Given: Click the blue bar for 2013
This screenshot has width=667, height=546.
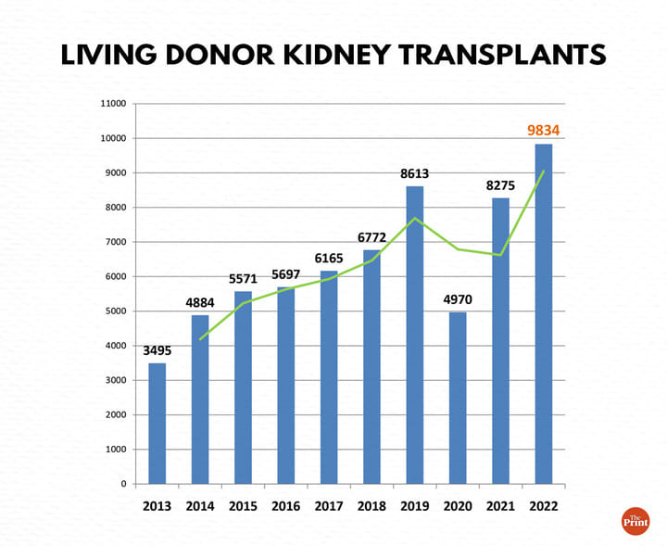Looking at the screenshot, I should pyautogui.click(x=157, y=423).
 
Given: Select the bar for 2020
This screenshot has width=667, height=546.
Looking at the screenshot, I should pyautogui.click(x=458, y=398).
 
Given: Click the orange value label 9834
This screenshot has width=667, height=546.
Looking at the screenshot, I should pyautogui.click(x=543, y=131).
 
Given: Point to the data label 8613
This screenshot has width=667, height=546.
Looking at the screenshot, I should pyautogui.click(x=414, y=173).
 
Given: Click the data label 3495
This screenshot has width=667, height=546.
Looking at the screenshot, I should pyautogui.click(x=157, y=350).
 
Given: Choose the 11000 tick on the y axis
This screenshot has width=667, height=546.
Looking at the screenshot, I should pyautogui.click(x=113, y=104).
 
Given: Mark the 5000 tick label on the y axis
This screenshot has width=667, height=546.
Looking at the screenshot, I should pyautogui.click(x=116, y=311).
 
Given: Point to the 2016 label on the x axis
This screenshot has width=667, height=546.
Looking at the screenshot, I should pyautogui.click(x=286, y=505).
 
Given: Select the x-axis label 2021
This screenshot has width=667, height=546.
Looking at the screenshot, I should pyautogui.click(x=500, y=505).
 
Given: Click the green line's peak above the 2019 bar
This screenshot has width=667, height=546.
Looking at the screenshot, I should pyautogui.click(x=415, y=219).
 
